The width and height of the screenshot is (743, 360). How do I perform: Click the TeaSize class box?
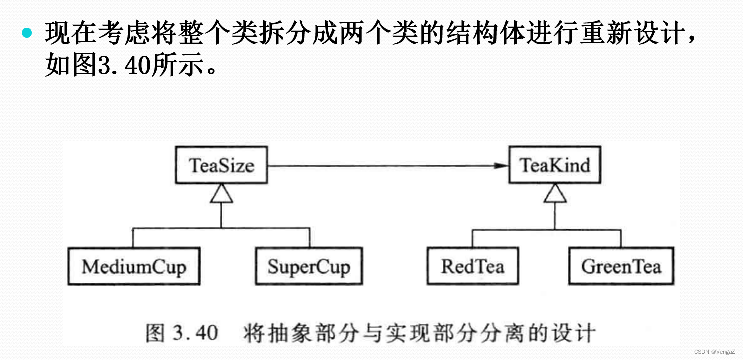221,165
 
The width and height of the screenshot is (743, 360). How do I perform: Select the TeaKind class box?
554,165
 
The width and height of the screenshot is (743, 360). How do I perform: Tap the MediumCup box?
134,266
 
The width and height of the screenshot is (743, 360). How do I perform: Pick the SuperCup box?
308,266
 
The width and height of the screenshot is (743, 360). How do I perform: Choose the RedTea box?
472,266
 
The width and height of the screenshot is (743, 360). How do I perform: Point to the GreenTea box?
621,266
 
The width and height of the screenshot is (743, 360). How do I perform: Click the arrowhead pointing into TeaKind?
501,165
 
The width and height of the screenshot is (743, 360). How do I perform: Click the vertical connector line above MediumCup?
134,238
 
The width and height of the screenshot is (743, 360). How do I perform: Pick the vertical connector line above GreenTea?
621,238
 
